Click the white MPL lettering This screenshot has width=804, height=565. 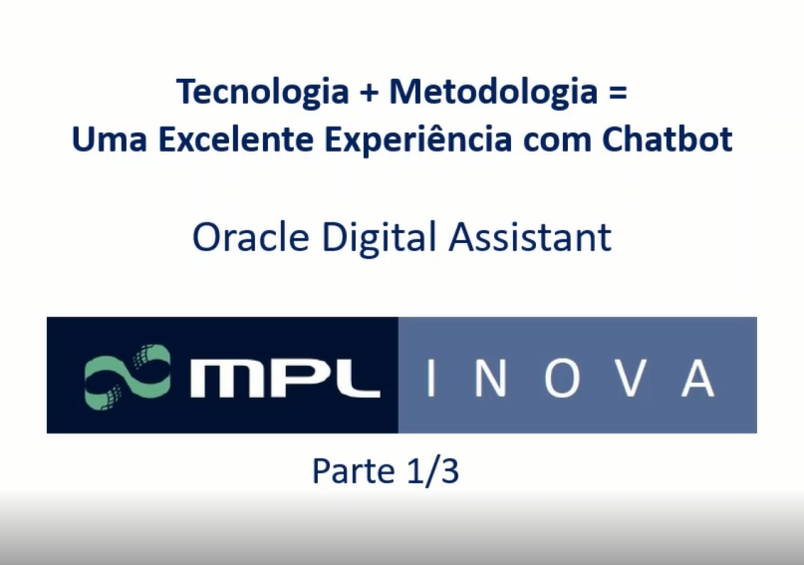pos(284,376)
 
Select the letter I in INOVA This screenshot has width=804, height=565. pos(430,376)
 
